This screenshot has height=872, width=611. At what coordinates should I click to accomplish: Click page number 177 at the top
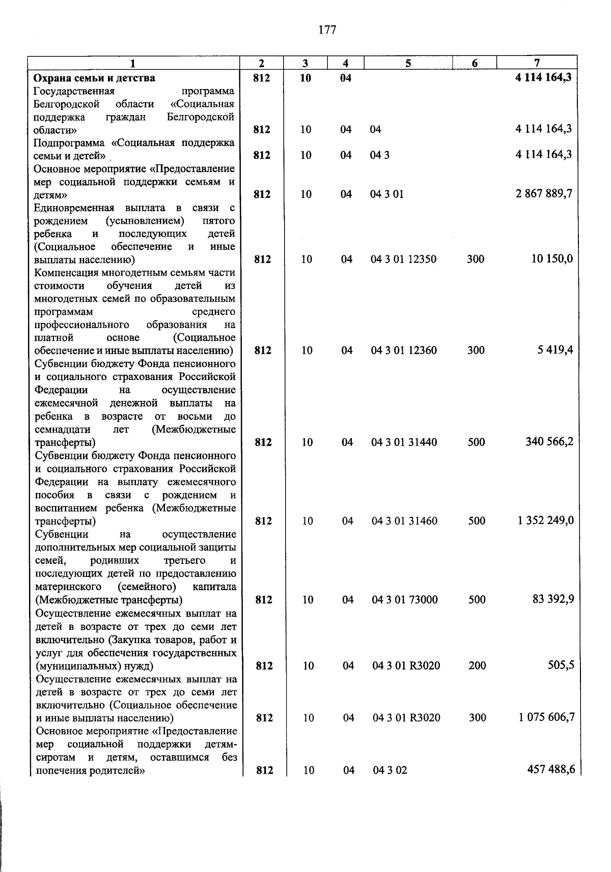coord(327,30)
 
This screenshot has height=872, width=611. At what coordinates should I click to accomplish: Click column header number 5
coord(408,63)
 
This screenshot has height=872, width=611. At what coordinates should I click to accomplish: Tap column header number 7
coord(537,63)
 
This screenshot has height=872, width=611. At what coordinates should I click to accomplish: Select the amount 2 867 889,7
coord(544,194)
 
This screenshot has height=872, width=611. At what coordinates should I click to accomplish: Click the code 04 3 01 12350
coord(403,259)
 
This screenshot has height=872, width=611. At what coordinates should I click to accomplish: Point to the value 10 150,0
coord(552,258)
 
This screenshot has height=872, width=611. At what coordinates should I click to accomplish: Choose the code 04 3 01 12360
coord(404,350)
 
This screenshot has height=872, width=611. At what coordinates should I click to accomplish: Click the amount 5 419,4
coord(555,350)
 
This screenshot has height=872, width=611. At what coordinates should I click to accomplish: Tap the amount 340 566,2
coord(549,441)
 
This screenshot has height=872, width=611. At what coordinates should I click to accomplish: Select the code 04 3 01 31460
coord(404,521)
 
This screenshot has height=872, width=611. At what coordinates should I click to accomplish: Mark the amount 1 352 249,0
coord(546,520)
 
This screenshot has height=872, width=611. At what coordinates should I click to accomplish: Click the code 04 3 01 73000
coord(405,600)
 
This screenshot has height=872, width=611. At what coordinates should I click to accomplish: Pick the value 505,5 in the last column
coord(561,665)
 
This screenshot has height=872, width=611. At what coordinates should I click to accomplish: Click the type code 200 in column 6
coord(477,665)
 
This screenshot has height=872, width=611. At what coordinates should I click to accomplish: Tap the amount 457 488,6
coord(551,770)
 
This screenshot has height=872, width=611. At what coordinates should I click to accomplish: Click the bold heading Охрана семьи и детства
coord(94,78)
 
